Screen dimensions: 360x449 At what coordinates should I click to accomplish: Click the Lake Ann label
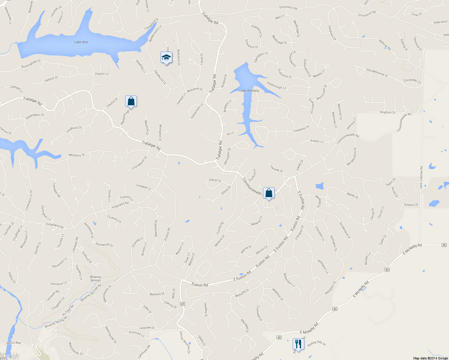(x=81, y=42)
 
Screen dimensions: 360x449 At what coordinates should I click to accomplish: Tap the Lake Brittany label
(x=249, y=91)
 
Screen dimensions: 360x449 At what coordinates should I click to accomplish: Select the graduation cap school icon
(x=166, y=58)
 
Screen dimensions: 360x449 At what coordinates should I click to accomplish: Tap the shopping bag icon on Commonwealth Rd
(x=269, y=193)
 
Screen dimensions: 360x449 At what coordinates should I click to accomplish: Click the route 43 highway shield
(x=182, y=304)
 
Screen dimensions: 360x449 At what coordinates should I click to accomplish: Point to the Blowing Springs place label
(x=95, y=279)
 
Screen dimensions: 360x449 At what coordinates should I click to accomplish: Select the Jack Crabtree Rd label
(x=421, y=178)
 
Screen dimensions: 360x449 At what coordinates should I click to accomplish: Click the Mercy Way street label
(x=14, y=343)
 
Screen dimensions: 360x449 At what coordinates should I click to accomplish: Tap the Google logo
(x=11, y=355)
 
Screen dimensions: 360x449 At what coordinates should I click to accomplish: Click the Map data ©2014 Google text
(x=430, y=358)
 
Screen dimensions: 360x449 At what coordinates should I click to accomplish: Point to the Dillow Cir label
(x=215, y=180)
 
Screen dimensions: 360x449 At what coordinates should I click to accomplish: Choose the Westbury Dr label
(x=77, y=155)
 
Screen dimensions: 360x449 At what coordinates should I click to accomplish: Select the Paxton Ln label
(x=102, y=73)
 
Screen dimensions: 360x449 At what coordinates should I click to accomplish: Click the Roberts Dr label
(x=411, y=205)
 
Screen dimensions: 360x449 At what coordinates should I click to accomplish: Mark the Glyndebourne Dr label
(x=377, y=73)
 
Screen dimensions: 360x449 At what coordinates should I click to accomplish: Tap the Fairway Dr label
(x=276, y=169)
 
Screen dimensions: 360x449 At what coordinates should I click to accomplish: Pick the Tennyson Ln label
(x=58, y=283)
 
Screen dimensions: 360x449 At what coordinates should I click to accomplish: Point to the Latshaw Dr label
(x=147, y=328)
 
